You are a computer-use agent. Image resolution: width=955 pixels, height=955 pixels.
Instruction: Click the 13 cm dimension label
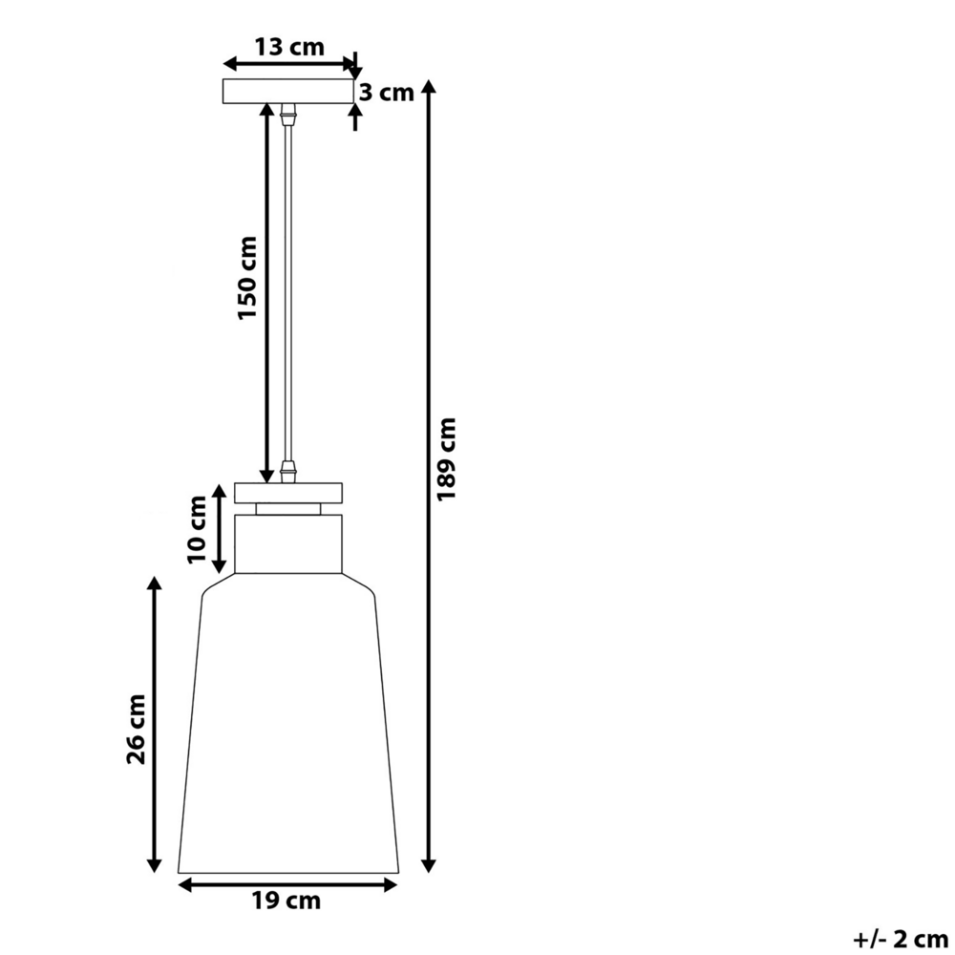click(288, 47)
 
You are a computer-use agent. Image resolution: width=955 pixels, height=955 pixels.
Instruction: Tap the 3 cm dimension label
click(387, 93)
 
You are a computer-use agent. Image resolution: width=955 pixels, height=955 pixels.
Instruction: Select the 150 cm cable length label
click(248, 277)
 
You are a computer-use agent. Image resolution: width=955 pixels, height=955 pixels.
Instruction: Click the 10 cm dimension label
click(198, 527)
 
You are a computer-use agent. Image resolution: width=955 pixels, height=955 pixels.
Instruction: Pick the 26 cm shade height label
click(137, 729)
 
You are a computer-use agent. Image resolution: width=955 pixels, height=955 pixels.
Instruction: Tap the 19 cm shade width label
click(286, 900)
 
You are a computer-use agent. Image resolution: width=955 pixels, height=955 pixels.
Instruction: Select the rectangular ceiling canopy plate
click(287, 92)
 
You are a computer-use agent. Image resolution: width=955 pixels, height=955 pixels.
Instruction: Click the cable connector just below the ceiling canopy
click(287, 114)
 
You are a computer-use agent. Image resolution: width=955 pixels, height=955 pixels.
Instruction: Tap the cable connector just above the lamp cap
click(287, 473)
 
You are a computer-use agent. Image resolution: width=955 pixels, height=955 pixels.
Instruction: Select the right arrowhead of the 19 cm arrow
click(391, 884)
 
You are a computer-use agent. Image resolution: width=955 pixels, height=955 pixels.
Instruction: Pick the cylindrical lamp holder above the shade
click(287, 543)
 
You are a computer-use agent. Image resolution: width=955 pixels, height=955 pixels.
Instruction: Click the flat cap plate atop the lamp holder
click(287, 493)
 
